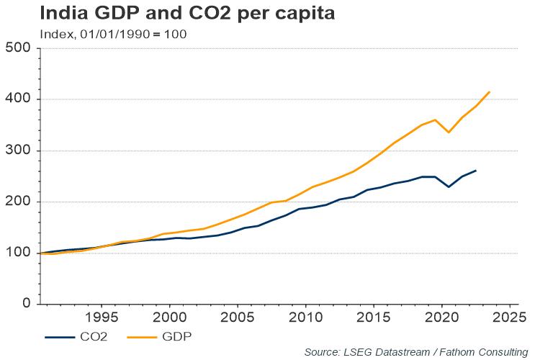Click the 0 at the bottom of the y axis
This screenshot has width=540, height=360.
point(26,304)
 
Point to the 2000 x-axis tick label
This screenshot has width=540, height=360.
point(169,318)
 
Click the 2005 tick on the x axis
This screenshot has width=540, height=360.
point(238,318)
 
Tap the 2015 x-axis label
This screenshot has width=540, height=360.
point(374,318)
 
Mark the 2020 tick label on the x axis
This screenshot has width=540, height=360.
point(441,318)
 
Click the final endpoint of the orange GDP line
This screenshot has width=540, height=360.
point(490,91)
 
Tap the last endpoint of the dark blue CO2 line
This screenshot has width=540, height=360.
point(475,171)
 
